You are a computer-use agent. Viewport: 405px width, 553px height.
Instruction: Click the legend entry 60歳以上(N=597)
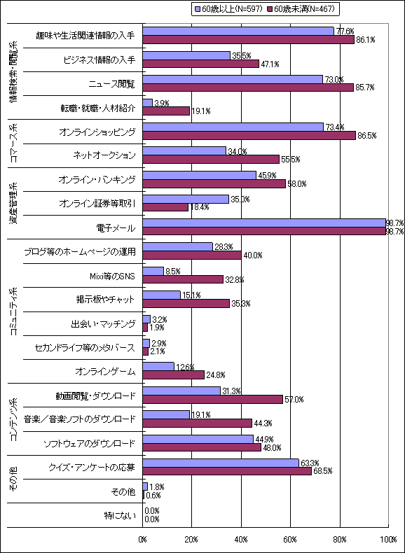228,9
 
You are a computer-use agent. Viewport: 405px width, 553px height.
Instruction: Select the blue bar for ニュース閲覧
232,79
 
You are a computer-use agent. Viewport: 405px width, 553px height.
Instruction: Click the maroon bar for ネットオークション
211,159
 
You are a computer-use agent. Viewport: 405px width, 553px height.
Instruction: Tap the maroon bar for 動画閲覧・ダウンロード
212,399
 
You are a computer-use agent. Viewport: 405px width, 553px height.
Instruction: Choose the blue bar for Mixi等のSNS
153,270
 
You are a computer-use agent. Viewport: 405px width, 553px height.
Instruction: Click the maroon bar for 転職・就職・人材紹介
166,111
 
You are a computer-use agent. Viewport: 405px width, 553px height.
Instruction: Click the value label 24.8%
216,375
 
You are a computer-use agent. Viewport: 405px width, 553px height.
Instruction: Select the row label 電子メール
116,227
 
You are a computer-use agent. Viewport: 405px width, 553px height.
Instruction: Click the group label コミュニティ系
13,310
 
